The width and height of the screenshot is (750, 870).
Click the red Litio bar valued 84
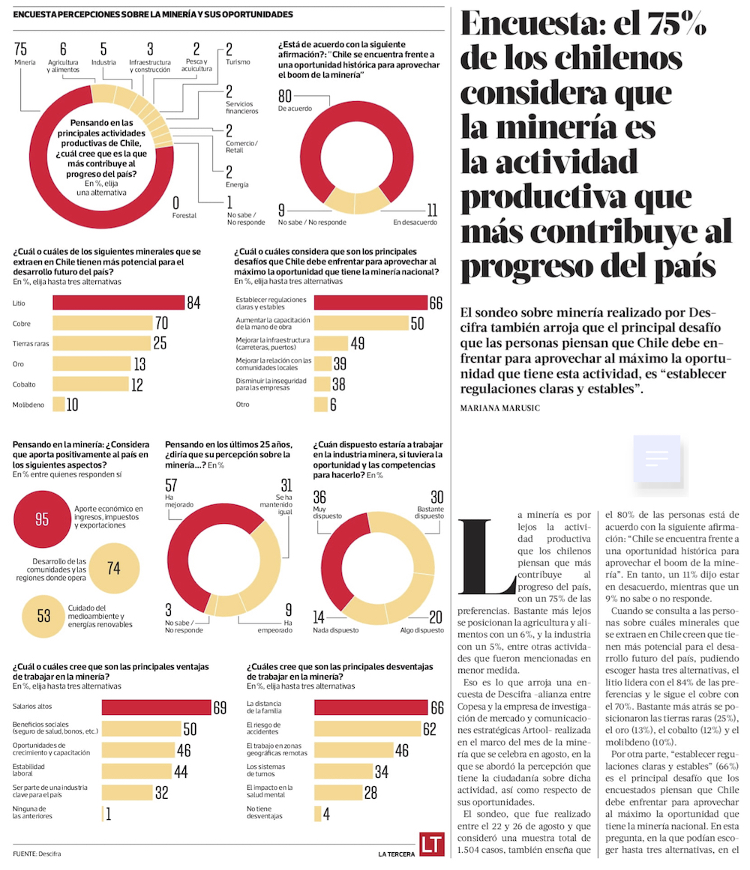point(118,303)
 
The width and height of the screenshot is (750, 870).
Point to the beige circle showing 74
point(113,568)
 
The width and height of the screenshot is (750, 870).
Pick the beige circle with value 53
point(43,615)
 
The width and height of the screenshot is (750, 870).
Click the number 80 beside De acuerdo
point(285,96)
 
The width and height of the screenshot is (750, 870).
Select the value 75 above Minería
point(21,49)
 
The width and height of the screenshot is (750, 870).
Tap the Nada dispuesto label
point(330,630)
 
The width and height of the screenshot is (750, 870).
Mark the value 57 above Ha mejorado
point(172,485)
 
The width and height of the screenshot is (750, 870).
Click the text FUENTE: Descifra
point(37,854)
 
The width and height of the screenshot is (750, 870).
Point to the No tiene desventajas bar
point(317,813)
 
